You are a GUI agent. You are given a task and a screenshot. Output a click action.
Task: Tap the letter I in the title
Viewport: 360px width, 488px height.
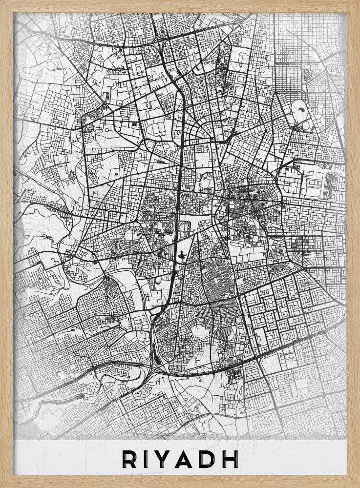(x=148, y=459)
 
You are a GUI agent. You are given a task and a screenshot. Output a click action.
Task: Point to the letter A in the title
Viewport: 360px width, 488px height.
(x=191, y=459)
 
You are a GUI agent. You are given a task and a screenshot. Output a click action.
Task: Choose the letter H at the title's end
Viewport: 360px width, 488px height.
(x=233, y=459)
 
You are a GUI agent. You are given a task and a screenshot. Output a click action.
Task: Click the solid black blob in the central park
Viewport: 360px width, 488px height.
(x=180, y=255)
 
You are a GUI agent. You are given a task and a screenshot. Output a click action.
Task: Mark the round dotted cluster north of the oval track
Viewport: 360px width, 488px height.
(x=308, y=76)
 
